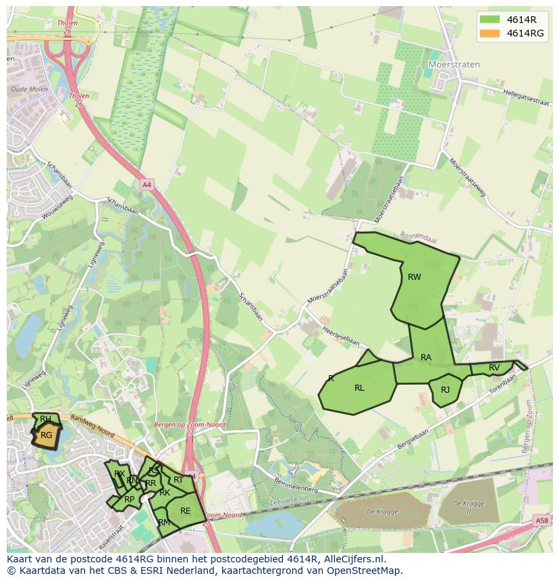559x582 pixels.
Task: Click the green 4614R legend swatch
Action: click(x=489, y=19)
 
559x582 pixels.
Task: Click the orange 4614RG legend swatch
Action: click(x=489, y=33)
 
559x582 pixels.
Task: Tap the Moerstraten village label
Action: click(x=454, y=64)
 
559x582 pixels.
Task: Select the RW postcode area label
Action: click(x=415, y=276)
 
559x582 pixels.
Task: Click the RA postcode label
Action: click(x=426, y=357)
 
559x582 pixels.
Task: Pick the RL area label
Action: click(x=359, y=388)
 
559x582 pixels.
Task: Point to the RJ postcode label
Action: click(x=446, y=390)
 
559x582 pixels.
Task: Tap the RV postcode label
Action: click(x=494, y=368)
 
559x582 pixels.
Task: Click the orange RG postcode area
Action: click(x=46, y=435)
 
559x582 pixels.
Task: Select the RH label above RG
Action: click(x=45, y=419)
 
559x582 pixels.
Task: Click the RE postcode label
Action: click(x=185, y=510)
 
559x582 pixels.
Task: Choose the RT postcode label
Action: click(x=178, y=480)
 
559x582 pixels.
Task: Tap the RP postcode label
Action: click(x=129, y=500)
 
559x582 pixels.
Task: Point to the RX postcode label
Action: click(x=119, y=473)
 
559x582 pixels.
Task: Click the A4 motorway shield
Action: click(x=147, y=184)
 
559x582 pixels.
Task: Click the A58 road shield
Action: click(x=541, y=520)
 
